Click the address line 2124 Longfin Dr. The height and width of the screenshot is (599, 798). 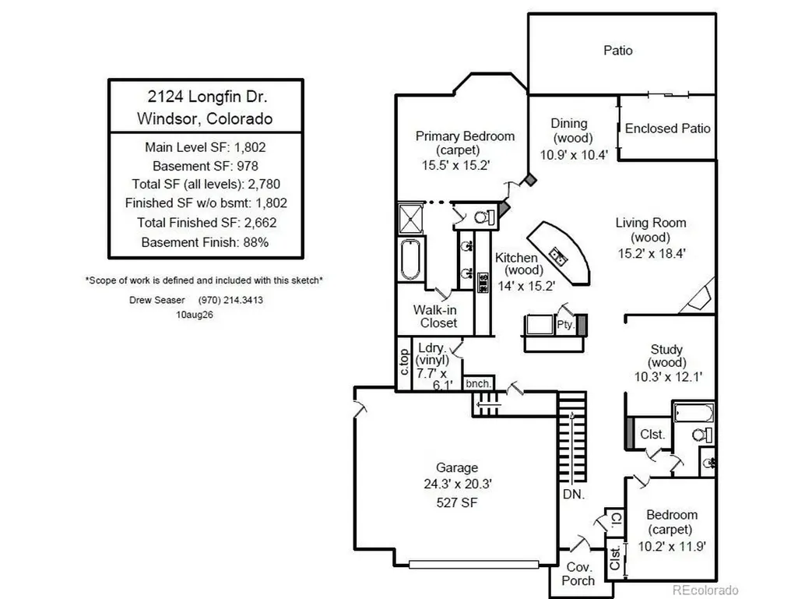[x=207, y=97]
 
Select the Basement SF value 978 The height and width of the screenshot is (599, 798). [x=248, y=166]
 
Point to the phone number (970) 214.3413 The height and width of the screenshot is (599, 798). [x=230, y=300]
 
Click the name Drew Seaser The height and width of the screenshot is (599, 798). [x=156, y=300]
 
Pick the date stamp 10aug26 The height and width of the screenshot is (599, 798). [x=195, y=315]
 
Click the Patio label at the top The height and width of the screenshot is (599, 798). [x=618, y=51]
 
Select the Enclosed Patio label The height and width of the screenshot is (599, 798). [x=667, y=129]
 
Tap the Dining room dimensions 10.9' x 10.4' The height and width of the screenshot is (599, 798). [x=574, y=155]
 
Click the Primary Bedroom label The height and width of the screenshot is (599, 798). [x=465, y=136]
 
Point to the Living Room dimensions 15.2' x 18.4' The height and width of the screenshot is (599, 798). [x=652, y=253]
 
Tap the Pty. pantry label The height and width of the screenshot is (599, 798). [x=565, y=325]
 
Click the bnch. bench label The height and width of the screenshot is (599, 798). [x=478, y=383]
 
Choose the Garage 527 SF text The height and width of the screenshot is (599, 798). [x=456, y=502]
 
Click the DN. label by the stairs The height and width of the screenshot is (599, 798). [x=574, y=494]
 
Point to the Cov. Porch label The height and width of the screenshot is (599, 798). [x=578, y=573]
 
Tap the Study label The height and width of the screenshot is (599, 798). [x=666, y=350]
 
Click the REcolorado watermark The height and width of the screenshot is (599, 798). [x=705, y=590]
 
